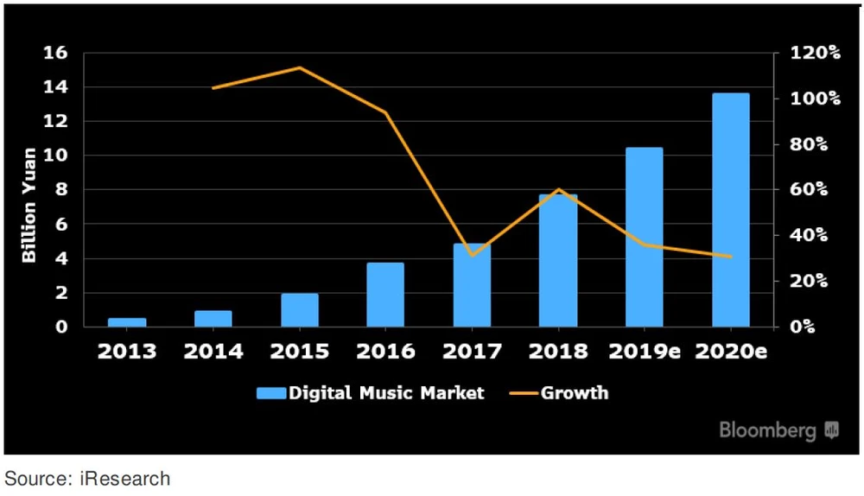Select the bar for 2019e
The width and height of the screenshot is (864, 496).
[644, 237]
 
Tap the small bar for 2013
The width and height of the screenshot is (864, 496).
[127, 322]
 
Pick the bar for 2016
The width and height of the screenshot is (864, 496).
[385, 295]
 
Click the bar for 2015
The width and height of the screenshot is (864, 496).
[300, 310]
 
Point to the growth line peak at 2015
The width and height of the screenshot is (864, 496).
[300, 67]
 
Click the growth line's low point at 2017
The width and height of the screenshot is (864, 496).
[472, 255]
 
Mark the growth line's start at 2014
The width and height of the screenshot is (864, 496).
[213, 88]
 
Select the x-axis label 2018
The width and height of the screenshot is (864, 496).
[557, 352]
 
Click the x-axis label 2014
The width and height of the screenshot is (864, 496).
[213, 352]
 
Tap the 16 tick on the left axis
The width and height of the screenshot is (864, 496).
[55, 54]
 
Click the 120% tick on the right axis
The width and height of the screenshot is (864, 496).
[815, 54]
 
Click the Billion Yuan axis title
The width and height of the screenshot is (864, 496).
[29, 205]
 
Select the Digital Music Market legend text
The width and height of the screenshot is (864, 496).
[386, 393]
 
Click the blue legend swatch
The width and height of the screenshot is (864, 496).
[271, 393]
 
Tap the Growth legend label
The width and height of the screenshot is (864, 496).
[575, 393]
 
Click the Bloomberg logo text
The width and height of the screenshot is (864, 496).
[768, 429]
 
